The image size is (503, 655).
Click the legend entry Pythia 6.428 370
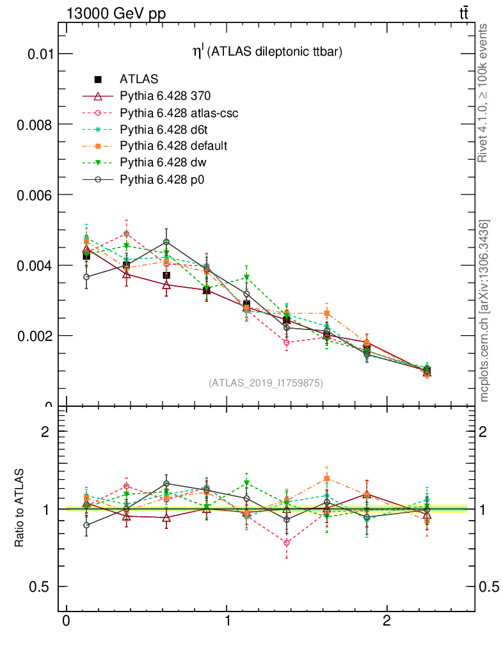165,96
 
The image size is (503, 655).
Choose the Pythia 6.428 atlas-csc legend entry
179,113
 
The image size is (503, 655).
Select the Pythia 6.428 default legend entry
173,146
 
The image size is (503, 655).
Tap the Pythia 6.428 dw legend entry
163,162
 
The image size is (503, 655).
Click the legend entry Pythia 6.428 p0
163,179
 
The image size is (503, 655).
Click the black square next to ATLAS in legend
98,79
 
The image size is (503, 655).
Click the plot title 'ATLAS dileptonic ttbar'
268,53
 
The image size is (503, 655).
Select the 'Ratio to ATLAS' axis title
20,508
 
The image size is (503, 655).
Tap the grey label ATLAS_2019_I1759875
266,383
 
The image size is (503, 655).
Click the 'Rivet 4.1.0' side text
484,92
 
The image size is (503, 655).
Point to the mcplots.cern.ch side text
484,311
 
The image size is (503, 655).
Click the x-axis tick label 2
387,622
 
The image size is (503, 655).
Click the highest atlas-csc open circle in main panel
126,234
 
